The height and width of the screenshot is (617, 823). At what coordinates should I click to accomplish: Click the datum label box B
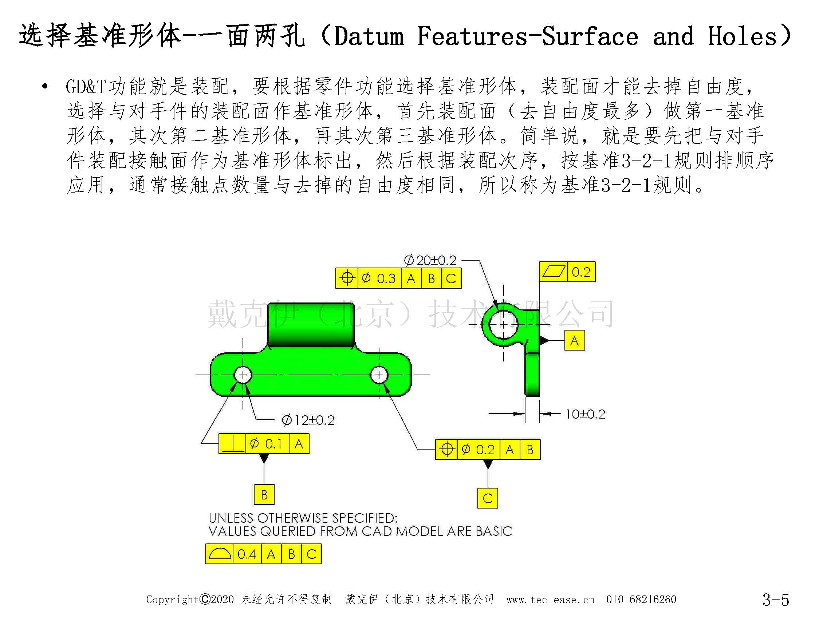pos(264,494)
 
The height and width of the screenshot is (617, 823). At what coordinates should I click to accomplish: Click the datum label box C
pos(487,498)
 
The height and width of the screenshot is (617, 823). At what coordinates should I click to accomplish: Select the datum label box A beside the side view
pos(575,340)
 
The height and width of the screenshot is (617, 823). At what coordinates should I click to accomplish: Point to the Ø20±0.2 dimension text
pos(430,260)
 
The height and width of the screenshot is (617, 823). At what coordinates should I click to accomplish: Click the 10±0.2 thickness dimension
pos(585,414)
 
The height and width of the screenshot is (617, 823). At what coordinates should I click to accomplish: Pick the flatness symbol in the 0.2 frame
pos(554,272)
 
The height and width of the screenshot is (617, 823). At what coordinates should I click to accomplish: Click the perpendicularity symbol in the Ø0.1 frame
pos(233,444)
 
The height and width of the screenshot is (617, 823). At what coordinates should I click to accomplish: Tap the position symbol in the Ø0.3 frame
pos(347,278)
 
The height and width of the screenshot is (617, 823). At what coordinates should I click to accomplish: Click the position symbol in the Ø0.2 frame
pos(447,449)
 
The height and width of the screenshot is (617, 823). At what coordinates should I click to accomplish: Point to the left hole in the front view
pos(243,375)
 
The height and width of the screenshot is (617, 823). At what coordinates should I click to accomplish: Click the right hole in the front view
pos(379,375)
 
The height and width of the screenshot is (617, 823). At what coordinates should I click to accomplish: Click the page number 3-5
pos(776,599)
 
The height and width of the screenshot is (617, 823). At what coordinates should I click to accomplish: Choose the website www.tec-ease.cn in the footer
pos(550,600)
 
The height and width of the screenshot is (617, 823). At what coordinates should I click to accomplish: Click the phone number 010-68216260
pos(641,599)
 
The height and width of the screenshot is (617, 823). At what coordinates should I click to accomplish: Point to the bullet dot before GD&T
pos(45,87)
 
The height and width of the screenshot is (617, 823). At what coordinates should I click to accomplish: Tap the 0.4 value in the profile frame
pos(247,554)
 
